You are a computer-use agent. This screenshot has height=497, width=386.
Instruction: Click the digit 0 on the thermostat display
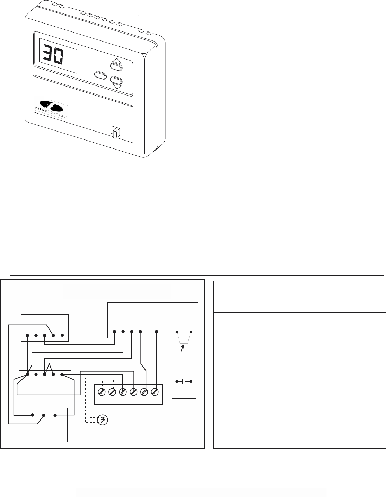(58, 55)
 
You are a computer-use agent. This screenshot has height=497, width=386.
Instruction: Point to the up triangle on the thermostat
(116, 61)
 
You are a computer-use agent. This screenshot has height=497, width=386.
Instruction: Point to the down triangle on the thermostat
(117, 86)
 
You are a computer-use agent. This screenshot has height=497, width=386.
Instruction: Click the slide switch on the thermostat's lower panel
(115, 132)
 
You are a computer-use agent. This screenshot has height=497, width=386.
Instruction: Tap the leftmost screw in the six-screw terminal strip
(102, 392)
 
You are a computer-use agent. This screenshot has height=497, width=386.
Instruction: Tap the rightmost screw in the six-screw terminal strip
(155, 392)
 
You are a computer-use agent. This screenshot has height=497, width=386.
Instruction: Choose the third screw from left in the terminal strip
(123, 392)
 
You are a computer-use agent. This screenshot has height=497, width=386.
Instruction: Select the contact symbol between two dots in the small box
(184, 381)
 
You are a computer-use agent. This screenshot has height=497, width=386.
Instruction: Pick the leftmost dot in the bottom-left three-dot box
(32, 415)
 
